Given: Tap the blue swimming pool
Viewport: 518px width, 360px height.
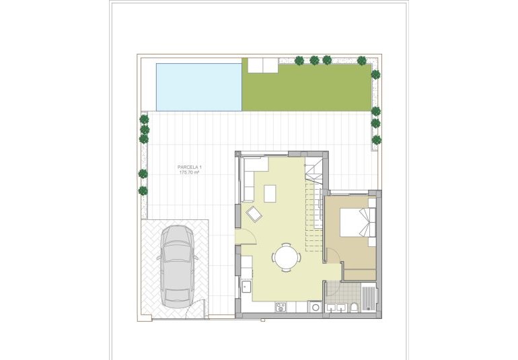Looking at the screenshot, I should [198, 87].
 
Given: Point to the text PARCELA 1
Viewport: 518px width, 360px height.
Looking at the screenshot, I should [190, 167].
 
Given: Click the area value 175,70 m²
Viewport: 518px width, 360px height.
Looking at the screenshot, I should [190, 173].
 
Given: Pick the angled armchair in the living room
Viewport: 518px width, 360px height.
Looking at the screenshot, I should [255, 215].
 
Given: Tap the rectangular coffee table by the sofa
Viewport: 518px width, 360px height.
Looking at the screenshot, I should [270, 193].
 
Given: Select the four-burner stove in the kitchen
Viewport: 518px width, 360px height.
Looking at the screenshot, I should [281, 307].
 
